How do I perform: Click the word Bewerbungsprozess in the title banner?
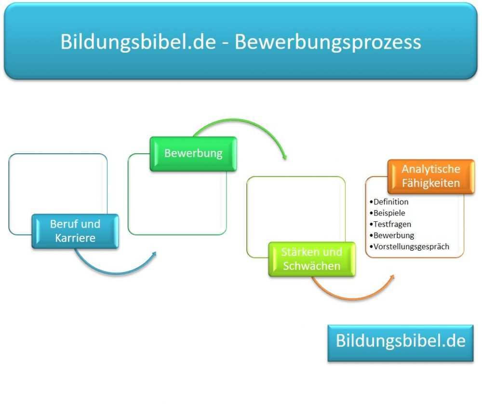328,42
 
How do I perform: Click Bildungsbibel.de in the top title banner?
138,42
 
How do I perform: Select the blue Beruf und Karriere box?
75,231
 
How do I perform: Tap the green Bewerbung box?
193,153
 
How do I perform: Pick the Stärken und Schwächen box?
311,259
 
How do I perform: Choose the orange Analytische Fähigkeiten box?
431,176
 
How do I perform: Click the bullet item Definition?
390,202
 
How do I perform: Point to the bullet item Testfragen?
392,224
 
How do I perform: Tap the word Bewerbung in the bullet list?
394,235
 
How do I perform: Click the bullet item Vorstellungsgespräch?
411,246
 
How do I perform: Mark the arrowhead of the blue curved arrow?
154,254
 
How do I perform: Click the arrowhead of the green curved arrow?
285,158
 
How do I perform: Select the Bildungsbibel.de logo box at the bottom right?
401,342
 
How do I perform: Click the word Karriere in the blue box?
75,238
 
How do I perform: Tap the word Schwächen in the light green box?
311,266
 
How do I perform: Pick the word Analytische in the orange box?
431,169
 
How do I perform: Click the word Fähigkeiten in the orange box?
431,183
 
